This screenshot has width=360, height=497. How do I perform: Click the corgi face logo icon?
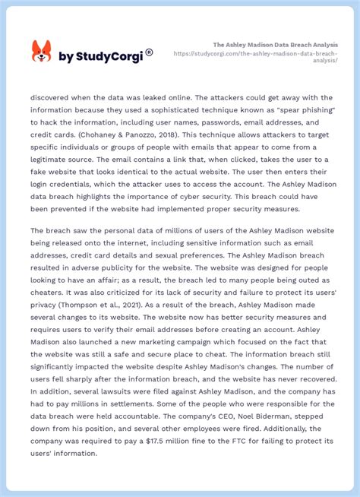tap(41, 52)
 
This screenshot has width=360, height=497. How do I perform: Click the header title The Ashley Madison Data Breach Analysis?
tap(275, 45)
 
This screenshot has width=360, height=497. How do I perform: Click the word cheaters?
tap(52, 293)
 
